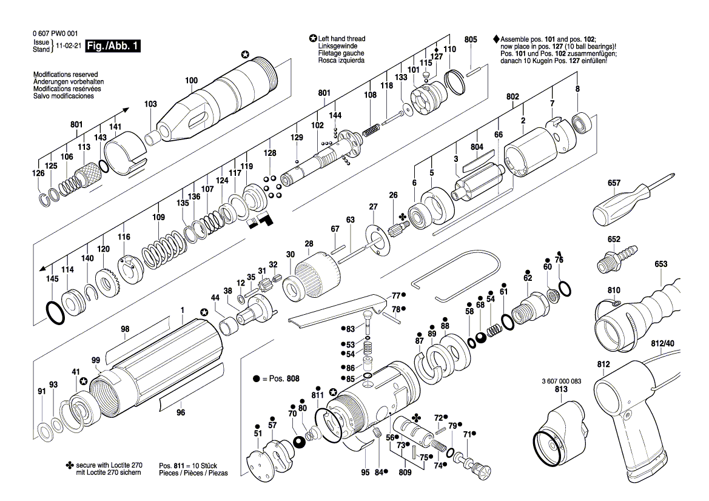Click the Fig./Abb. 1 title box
(x=113, y=46)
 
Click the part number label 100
(x=191, y=81)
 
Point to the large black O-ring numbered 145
(x=56, y=312)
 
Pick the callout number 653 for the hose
(x=660, y=264)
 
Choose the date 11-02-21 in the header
(x=68, y=46)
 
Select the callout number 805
(x=471, y=39)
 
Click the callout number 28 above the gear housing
(x=309, y=244)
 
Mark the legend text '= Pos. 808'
(x=280, y=378)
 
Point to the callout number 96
(x=180, y=413)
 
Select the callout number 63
(x=350, y=220)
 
